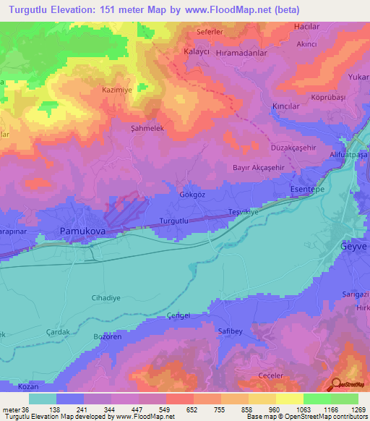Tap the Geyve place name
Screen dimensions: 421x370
(x=353, y=246)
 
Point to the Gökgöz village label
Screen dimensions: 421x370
(x=184, y=195)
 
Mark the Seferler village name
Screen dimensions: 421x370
(x=214, y=33)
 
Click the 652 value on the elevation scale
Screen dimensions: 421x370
(x=193, y=410)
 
